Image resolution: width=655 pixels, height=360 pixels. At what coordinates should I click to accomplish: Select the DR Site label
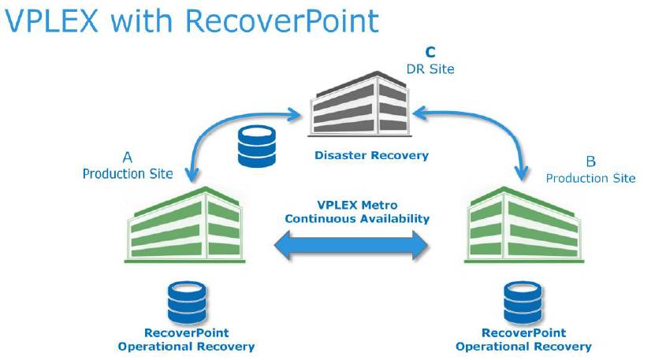[430, 69]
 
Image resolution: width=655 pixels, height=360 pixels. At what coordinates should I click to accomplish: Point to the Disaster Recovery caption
[371, 155]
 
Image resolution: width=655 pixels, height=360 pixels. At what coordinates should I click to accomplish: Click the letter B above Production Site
[590, 162]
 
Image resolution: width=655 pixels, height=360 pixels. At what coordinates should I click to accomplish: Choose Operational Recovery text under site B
[524, 346]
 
